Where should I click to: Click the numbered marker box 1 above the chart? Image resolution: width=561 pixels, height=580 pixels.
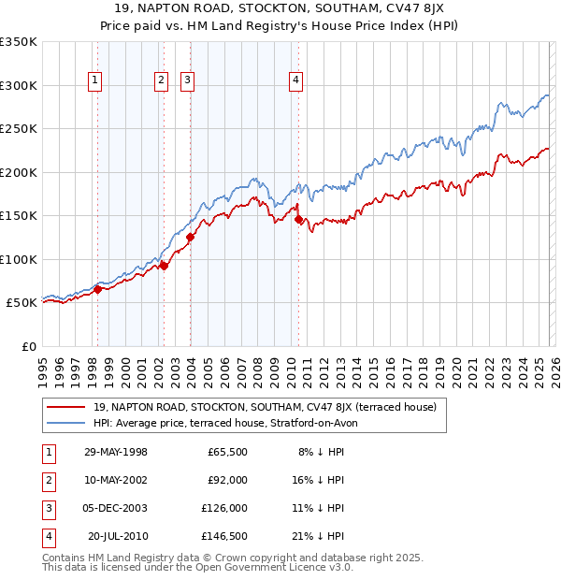[95, 81]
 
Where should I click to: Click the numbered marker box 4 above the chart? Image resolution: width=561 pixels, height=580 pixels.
[295, 81]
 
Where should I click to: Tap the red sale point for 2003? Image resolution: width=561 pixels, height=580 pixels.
[190, 237]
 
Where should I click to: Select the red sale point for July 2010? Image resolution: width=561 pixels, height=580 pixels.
[298, 220]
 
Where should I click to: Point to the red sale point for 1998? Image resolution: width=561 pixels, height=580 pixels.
[97, 289]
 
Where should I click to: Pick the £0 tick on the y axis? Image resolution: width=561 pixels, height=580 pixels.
[28, 347]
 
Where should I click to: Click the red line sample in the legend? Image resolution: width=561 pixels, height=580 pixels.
[67, 407]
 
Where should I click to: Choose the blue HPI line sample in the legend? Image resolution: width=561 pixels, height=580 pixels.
[67, 423]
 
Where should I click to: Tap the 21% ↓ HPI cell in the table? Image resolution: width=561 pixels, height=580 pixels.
[318, 536]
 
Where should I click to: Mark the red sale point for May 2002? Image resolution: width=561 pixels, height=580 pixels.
[164, 267]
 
